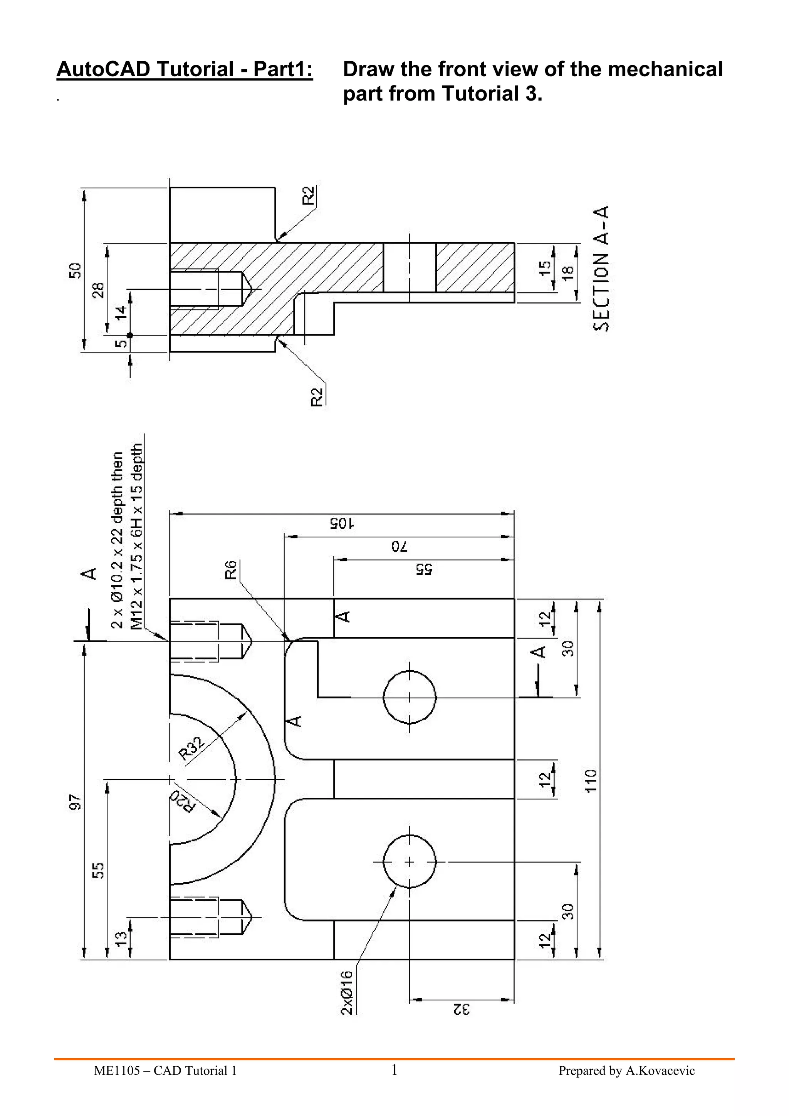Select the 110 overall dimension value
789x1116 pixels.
coord(591,780)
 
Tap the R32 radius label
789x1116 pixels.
coord(191,748)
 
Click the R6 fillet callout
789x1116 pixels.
coord(230,570)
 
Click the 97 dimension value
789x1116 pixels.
coord(74,802)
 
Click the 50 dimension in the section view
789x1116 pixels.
coord(74,270)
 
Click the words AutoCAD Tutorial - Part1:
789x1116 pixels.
coord(185,69)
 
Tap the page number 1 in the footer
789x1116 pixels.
coord(394,1070)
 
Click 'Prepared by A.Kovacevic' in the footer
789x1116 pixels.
coord(626,1071)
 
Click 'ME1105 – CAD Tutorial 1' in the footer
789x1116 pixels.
coord(165,1071)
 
